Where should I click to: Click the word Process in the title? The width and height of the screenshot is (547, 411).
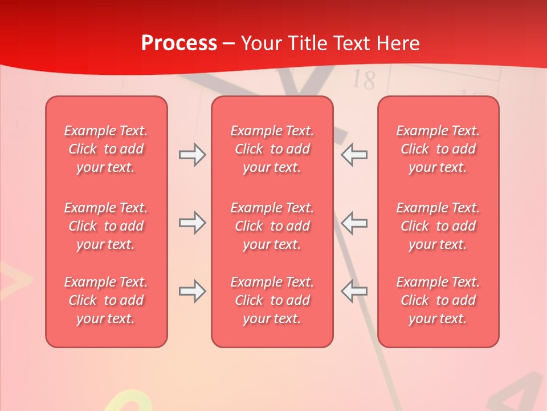point(179,43)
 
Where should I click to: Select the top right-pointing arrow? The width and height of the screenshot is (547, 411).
point(192,155)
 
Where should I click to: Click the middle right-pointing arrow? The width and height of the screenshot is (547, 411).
point(192,222)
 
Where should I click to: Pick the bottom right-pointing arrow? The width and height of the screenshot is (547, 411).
point(192,291)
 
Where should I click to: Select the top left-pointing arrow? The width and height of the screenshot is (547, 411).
point(354,155)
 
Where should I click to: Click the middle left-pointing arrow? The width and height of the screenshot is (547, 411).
point(354,222)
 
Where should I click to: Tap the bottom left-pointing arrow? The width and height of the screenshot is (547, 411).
point(354,291)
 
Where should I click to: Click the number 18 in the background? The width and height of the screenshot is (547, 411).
point(363,80)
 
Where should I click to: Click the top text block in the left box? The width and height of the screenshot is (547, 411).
point(106,149)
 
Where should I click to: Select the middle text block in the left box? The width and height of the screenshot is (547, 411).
point(106,226)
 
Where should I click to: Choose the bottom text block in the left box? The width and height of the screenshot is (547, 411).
point(106,300)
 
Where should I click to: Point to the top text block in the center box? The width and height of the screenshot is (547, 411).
point(272,149)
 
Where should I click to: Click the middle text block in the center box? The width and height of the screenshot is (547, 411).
point(272,226)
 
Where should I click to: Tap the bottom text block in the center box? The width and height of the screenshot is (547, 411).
point(272,300)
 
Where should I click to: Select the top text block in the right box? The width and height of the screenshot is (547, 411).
point(438,149)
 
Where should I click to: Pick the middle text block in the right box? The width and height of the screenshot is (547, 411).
point(438,226)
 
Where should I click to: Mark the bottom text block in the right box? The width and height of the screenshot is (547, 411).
point(438,300)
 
